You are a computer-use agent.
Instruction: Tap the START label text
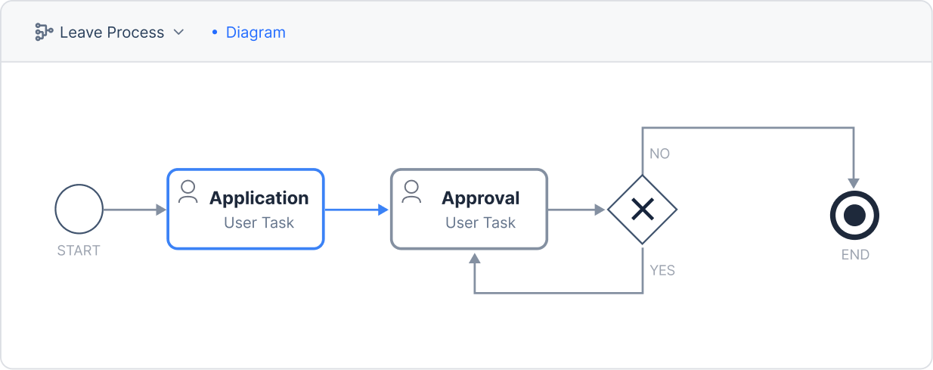tap(79, 250)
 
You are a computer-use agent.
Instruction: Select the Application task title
tap(259, 198)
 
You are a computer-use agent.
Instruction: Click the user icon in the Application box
tap(188, 191)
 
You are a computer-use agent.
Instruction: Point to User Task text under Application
tap(259, 222)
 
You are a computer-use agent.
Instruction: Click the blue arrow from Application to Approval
tap(356, 210)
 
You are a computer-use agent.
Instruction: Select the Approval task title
tap(481, 198)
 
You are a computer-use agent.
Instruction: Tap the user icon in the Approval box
tap(411, 191)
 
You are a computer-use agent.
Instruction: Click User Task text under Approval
tap(481, 222)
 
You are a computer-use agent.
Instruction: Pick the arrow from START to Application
tap(135, 210)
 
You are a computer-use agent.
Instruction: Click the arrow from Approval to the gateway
tap(576, 210)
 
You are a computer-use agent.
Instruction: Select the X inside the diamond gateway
tap(643, 209)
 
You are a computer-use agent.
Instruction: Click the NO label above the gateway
tap(660, 154)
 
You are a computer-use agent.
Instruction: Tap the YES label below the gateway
tap(662, 270)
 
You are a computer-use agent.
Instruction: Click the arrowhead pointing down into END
tap(854, 183)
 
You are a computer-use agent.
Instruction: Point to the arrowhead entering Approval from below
tap(475, 258)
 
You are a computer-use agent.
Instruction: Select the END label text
tap(855, 254)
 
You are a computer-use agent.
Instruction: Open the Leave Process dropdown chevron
tap(178, 32)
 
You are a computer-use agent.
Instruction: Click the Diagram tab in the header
tap(256, 33)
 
